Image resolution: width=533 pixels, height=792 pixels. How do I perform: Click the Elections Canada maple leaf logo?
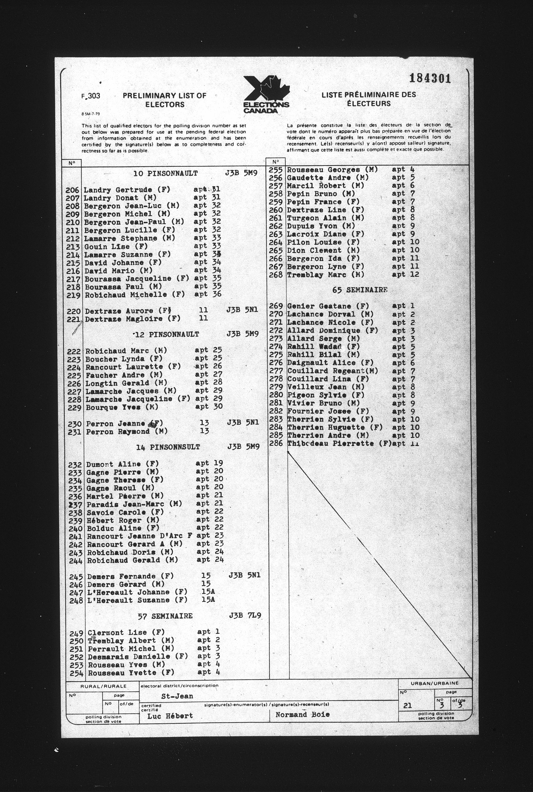[x=266, y=94]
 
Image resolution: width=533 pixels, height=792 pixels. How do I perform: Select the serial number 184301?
[x=430, y=79]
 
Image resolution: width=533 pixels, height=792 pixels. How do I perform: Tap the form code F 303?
[x=91, y=96]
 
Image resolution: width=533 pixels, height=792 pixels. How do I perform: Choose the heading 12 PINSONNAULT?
[x=167, y=334]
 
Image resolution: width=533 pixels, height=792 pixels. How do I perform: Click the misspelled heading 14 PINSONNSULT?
[x=168, y=447]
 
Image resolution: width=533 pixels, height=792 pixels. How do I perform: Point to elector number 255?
[x=275, y=170]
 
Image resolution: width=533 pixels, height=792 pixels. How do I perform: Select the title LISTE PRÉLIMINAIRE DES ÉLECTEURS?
[x=369, y=99]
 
